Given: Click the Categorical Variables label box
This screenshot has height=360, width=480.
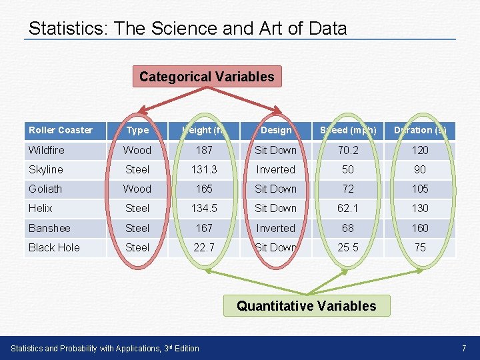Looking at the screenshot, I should (207, 77).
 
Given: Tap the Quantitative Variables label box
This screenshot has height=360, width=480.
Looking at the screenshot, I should (307, 306).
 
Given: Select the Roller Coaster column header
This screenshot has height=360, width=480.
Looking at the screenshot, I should (61, 130).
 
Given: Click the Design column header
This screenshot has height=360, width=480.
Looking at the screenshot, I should (276, 130).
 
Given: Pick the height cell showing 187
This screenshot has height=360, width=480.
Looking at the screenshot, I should (204, 150).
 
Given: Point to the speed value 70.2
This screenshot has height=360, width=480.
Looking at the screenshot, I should (348, 150).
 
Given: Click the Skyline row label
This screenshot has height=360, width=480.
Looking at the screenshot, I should (46, 169).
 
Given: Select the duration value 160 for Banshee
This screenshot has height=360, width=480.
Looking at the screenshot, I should (420, 228).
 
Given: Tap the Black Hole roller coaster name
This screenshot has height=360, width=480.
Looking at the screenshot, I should (54, 247).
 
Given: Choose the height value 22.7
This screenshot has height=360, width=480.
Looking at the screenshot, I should (204, 247).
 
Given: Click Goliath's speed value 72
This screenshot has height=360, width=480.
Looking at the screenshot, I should (348, 189).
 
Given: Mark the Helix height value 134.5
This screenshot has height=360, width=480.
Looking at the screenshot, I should (204, 208).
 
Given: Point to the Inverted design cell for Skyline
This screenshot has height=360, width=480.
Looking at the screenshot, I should (276, 169).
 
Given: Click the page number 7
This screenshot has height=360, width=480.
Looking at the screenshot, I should (463, 348).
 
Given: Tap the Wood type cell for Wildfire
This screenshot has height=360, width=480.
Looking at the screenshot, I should (138, 150).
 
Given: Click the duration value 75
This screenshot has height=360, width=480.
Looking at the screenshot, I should (420, 247).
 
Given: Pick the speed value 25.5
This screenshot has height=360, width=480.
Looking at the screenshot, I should (348, 247).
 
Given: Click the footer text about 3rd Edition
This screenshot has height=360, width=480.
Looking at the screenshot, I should (105, 348).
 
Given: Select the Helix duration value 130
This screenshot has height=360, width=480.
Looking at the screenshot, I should (420, 208).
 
